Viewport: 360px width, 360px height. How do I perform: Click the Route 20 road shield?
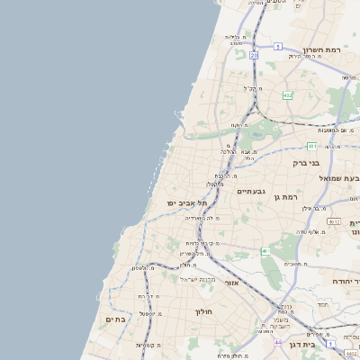[255, 55]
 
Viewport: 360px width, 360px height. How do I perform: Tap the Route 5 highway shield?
[279, 45]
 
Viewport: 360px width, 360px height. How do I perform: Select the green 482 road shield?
[287, 94]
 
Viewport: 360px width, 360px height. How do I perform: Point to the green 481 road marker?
[311, 145]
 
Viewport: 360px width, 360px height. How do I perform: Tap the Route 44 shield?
[278, 343]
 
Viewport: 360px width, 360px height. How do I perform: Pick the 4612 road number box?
[334, 220]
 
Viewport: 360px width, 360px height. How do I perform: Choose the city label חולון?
[202, 311]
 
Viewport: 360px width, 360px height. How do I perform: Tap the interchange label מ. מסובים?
[286, 264]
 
